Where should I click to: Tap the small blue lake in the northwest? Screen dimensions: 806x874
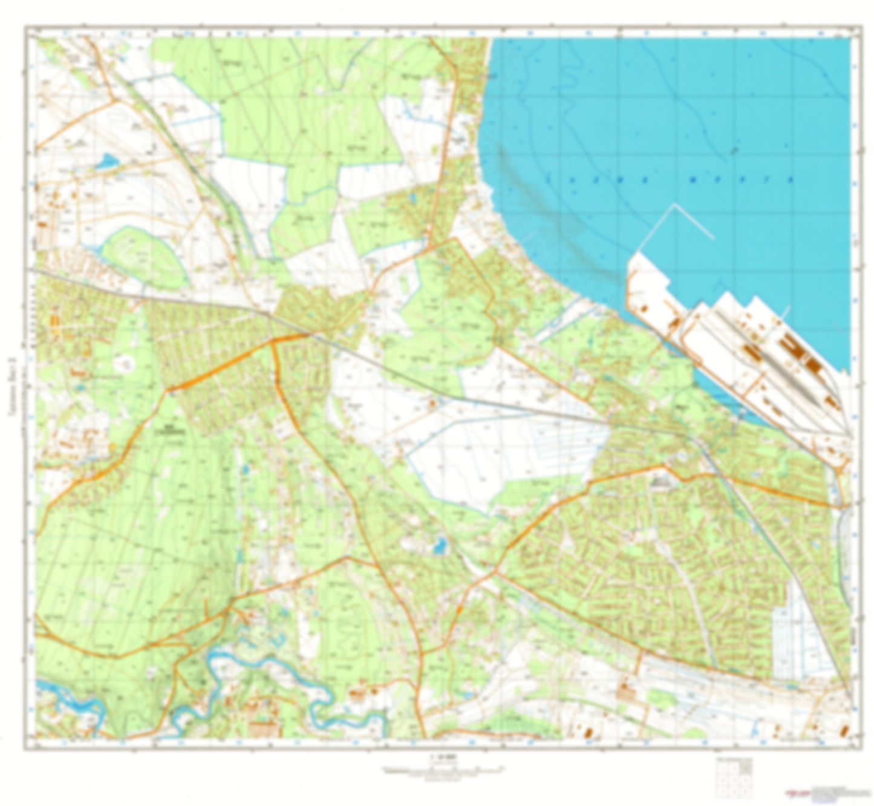[108, 161]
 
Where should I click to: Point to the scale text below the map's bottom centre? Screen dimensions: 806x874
[437, 757]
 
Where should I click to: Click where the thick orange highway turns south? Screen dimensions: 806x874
[273, 342]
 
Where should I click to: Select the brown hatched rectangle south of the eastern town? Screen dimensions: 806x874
[624, 690]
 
